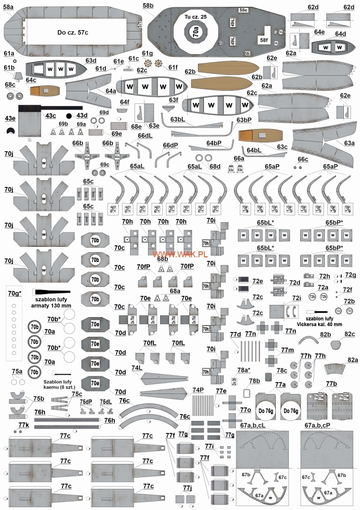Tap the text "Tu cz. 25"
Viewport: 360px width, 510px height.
(195, 17)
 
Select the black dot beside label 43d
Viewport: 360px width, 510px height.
(69, 116)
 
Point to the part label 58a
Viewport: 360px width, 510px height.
(8, 6)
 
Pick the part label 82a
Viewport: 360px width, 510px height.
(352, 360)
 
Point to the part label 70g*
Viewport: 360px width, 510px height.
(15, 293)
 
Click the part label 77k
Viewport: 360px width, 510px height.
(23, 425)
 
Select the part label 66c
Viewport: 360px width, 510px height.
(303, 159)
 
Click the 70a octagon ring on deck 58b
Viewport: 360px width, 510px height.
(196, 32)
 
